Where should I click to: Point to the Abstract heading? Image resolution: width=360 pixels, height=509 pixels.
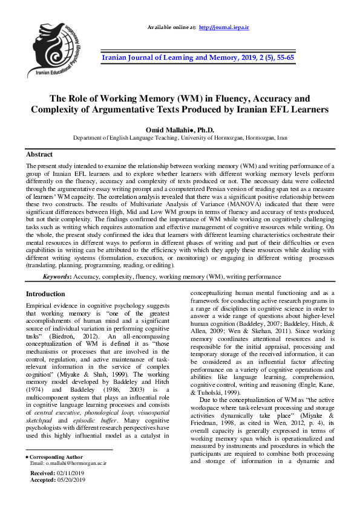coord(39,154)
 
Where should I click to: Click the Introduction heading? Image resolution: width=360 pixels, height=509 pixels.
coord(45,294)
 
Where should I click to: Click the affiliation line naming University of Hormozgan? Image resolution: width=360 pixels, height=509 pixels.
coord(180,138)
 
